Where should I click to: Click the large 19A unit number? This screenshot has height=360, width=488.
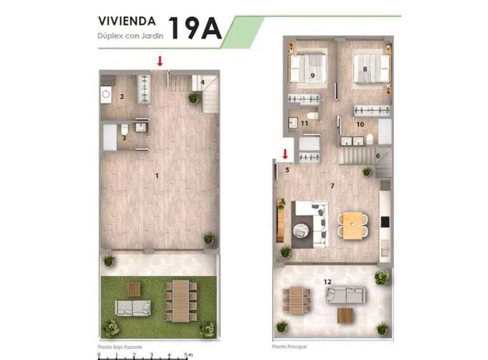click(195, 28)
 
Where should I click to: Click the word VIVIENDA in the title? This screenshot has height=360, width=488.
click(127, 21)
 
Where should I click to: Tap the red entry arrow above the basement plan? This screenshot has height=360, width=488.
click(160, 61)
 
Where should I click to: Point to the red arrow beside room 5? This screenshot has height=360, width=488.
click(285, 154)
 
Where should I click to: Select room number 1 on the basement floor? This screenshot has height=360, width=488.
click(157, 176)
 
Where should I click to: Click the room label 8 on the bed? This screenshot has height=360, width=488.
click(365, 69)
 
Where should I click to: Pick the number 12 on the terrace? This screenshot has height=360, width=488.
click(327, 282)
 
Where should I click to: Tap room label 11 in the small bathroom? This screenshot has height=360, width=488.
click(304, 123)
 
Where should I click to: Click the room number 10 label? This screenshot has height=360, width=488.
click(360, 124)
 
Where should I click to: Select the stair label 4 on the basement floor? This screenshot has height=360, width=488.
click(203, 83)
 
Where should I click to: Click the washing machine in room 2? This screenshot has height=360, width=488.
click(106, 94)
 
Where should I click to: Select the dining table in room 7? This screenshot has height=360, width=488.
click(353, 225)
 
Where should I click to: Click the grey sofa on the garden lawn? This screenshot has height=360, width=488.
click(133, 308)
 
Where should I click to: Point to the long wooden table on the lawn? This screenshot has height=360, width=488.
click(181, 301)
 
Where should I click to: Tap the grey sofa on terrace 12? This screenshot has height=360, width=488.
click(346, 295)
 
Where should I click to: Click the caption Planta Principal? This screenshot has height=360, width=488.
click(290, 347)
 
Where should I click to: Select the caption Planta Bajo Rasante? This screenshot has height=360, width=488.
click(120, 347)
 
